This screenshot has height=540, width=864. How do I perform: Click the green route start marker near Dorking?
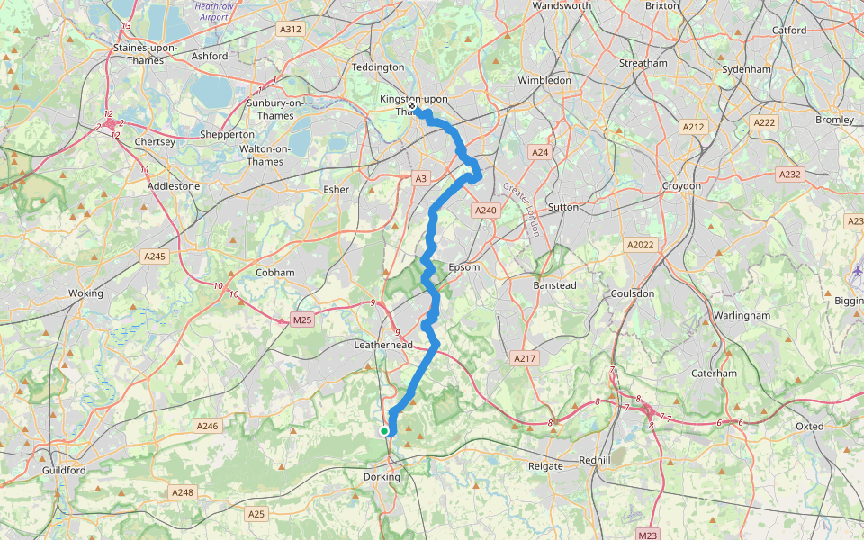pos(384,431)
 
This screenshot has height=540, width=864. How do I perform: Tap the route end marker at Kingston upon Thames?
pos(411,106)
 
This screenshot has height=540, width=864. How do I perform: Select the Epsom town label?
pos(464,267)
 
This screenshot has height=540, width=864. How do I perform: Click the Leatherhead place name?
pos(382,345)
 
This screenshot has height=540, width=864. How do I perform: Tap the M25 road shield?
pos(301,319)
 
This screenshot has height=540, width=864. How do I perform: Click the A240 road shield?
pos(485,210)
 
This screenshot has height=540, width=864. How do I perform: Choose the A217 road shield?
pos(525,358)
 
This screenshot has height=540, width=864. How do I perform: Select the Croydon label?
pos(681,185)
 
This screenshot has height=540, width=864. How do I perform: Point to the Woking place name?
pos(85,293)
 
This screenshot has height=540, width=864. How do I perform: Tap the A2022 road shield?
pos(640,245)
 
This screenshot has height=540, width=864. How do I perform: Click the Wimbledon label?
pos(544,80)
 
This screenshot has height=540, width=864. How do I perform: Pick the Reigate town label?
pos(545,466)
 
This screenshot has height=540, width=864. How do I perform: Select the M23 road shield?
pos(647,535)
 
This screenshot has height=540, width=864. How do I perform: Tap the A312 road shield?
pos(291,30)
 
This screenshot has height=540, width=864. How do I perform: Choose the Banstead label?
pos(555,285)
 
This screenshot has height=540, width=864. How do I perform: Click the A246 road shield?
pos(207,426)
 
